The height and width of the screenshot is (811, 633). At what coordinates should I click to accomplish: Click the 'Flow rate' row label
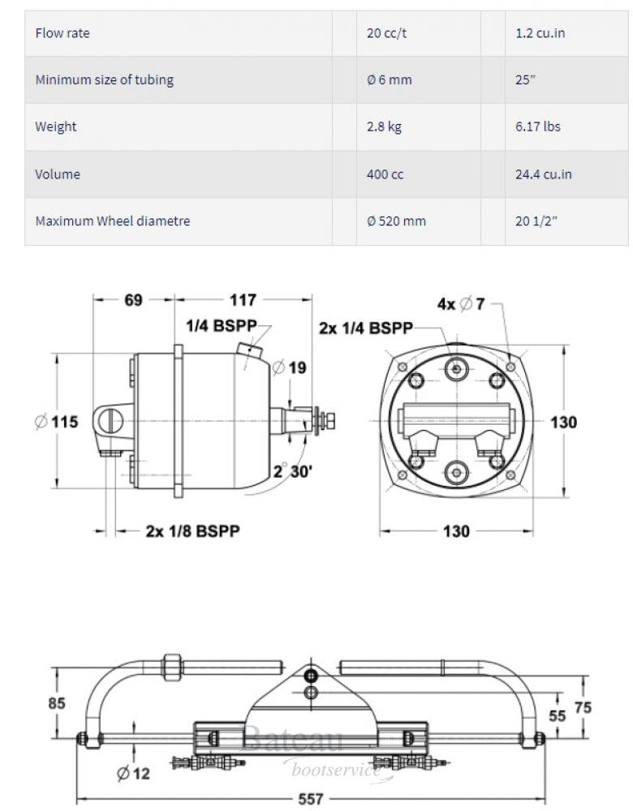[x=62, y=33]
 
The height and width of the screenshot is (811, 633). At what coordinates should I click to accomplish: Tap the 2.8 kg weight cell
[x=384, y=127]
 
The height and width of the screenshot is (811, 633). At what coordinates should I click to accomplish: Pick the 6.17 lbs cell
[x=537, y=127]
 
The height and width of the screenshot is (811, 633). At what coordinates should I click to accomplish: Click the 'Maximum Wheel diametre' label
[x=112, y=221]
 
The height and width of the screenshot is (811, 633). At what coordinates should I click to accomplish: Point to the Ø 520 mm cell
[x=396, y=221]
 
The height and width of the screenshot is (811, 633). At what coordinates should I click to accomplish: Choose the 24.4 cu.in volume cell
[x=543, y=174]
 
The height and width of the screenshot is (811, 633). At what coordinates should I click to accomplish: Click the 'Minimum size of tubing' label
[x=104, y=79]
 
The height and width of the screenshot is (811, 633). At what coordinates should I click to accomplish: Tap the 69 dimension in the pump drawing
[x=134, y=300]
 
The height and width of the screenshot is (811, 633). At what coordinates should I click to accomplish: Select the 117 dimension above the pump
[x=243, y=300]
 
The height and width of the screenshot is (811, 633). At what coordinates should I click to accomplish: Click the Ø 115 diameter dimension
[x=57, y=422]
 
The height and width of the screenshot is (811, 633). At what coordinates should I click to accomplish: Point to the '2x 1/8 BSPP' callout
[x=192, y=531]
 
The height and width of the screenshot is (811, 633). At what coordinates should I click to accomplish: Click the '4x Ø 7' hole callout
[x=460, y=304]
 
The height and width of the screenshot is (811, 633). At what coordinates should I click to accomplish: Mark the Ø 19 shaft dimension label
[x=290, y=368]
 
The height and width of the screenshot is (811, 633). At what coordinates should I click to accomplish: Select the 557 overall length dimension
[x=311, y=799]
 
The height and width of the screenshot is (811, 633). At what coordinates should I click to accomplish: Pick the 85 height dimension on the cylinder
[x=57, y=702]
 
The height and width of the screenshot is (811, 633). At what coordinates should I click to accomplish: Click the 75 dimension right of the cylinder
[x=583, y=707]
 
